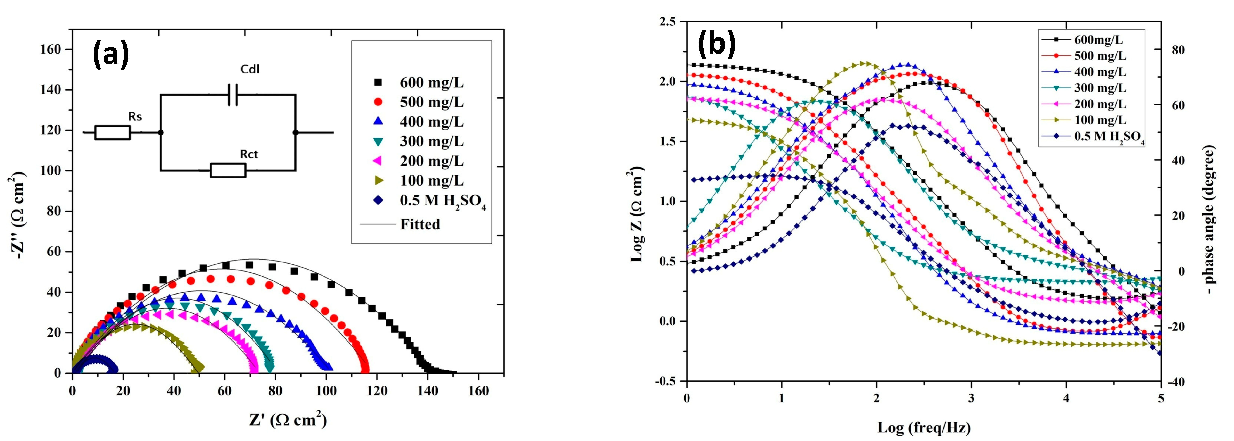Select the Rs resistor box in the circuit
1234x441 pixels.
point(112,133)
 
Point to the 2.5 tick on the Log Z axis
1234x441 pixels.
point(667,21)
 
